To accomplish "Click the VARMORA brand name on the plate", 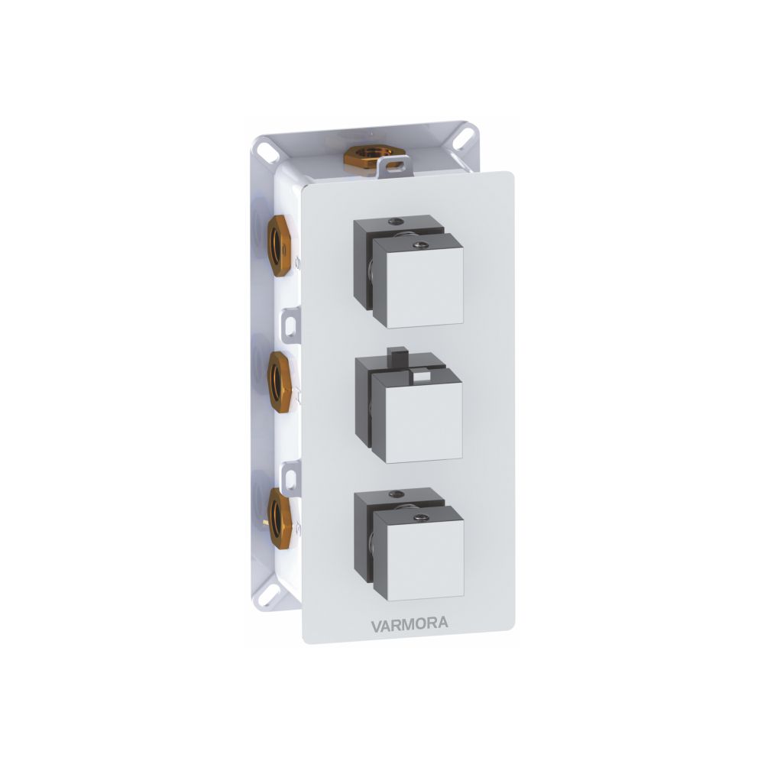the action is [x=410, y=625].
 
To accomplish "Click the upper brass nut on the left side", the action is [x=280, y=247].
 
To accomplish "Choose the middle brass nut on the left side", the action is [x=280, y=382].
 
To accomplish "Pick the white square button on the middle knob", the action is [x=422, y=375].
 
